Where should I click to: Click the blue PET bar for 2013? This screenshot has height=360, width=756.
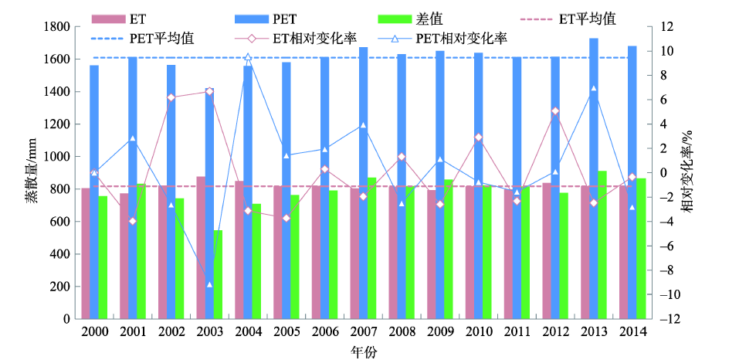pyautogui.click(x=594, y=178)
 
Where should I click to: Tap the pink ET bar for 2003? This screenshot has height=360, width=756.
pyautogui.click(x=201, y=247)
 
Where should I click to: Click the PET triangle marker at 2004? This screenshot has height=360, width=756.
pyautogui.click(x=248, y=57)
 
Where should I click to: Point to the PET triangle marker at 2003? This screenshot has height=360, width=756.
pyautogui.click(x=209, y=285)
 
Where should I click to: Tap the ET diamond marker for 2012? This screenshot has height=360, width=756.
pyautogui.click(x=555, y=111)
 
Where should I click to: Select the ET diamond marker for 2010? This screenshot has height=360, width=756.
pyautogui.click(x=478, y=138)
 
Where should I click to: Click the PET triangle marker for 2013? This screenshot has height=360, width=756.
pyautogui.click(x=594, y=89)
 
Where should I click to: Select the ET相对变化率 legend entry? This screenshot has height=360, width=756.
pyautogui.click(x=303, y=37)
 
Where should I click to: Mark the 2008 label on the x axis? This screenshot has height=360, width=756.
pyautogui.click(x=402, y=332)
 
